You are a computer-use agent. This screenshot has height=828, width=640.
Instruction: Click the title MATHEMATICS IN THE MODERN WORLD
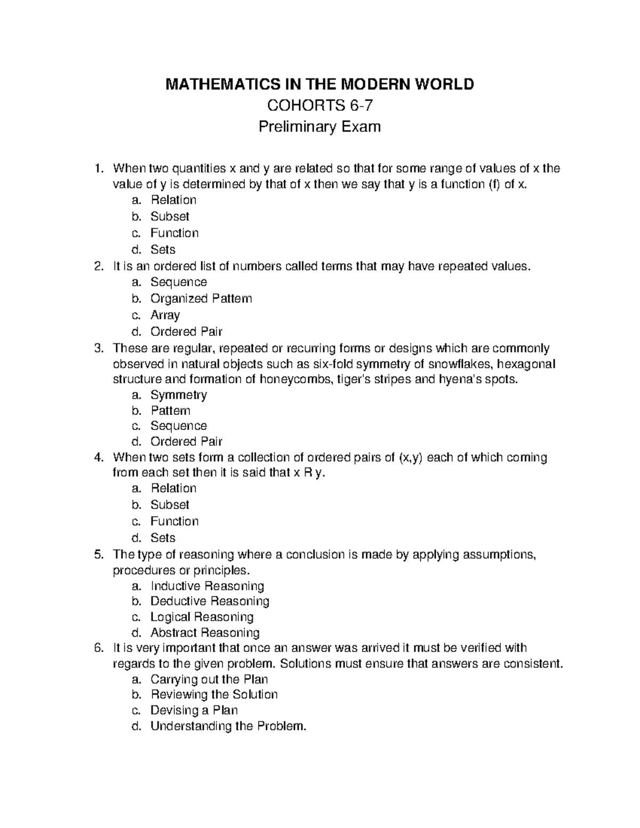click(x=319, y=84)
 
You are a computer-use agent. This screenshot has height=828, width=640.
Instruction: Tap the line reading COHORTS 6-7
click(x=319, y=106)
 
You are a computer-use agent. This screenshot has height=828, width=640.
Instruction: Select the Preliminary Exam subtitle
click(x=319, y=127)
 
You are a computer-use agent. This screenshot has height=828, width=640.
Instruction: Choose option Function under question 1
click(x=174, y=233)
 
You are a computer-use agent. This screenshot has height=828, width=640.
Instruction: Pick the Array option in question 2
click(x=165, y=315)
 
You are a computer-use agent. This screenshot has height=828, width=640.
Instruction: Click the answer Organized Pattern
click(x=201, y=299)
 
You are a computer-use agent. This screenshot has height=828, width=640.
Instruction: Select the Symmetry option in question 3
click(x=179, y=395)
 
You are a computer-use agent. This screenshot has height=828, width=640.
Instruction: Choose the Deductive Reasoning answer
click(x=210, y=601)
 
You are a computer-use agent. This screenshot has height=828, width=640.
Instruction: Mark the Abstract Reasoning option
click(x=205, y=633)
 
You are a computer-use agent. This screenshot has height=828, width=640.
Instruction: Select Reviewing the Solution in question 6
click(x=214, y=695)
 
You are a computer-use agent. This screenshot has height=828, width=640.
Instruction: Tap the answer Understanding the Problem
click(x=229, y=726)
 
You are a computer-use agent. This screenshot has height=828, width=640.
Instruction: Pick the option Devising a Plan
click(x=194, y=710)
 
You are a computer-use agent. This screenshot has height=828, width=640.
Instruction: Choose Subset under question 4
click(x=170, y=504)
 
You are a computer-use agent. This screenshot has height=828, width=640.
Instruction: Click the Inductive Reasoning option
click(x=207, y=586)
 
